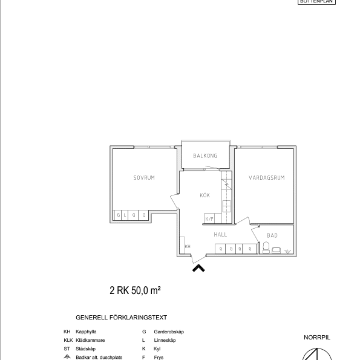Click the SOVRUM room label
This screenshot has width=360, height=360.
click(x=144, y=178)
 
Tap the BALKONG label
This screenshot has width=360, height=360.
click(x=205, y=156)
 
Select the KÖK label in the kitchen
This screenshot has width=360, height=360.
click(x=205, y=195)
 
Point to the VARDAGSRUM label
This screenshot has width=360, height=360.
click(x=266, y=178)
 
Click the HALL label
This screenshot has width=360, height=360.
click(x=220, y=234)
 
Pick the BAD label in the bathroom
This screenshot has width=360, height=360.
click(x=272, y=235)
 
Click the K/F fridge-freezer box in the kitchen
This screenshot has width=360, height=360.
click(x=210, y=219)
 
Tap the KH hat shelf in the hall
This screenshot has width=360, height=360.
click(x=187, y=246)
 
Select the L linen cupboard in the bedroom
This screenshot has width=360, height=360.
click(x=126, y=215)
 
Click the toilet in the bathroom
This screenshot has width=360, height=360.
click(x=265, y=247)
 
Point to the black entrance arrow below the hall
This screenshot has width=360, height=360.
click(x=198, y=267)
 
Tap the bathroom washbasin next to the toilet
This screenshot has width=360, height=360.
click(x=277, y=249)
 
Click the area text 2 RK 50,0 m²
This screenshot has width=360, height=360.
click(x=134, y=291)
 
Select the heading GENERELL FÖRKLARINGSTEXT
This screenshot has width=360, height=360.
click(x=121, y=317)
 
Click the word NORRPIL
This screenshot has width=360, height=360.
click(x=317, y=338)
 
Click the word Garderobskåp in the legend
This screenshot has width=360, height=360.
click(x=169, y=332)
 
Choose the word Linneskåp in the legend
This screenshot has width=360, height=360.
click(x=165, y=341)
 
